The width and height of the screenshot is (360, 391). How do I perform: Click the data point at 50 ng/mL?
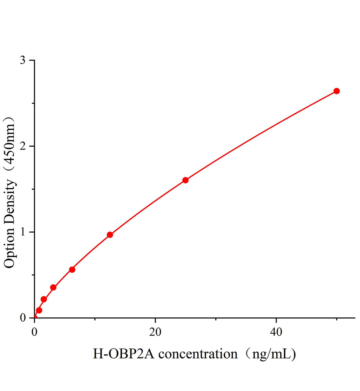pyautogui.click(x=337, y=91)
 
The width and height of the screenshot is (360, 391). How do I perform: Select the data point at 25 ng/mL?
pyautogui.click(x=185, y=180)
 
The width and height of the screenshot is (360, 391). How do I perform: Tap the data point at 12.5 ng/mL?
pyautogui.click(x=110, y=235)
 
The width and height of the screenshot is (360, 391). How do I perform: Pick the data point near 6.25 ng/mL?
pyautogui.click(x=72, y=269)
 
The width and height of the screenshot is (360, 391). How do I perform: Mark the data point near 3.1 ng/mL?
pyautogui.click(x=53, y=287)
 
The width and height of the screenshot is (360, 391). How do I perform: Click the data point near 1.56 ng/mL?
pyautogui.click(x=44, y=299)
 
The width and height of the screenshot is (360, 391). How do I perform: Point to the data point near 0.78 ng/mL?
pyautogui.click(x=39, y=310)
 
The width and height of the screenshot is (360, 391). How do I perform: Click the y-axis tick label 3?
pyautogui.click(x=23, y=61)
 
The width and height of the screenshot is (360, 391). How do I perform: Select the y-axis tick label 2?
pyautogui.click(x=23, y=146)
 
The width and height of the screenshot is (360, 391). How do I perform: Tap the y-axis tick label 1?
pyautogui.click(x=23, y=232)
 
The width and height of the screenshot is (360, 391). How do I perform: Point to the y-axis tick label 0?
pyautogui.click(x=23, y=318)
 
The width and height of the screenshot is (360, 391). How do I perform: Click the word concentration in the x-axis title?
pyautogui.click(x=198, y=354)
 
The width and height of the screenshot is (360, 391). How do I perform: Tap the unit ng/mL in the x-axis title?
pyautogui.click(x=271, y=354)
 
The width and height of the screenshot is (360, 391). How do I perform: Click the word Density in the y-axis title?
pyautogui.click(x=10, y=202)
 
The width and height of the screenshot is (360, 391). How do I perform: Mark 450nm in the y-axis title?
pyautogui.click(x=10, y=146)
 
